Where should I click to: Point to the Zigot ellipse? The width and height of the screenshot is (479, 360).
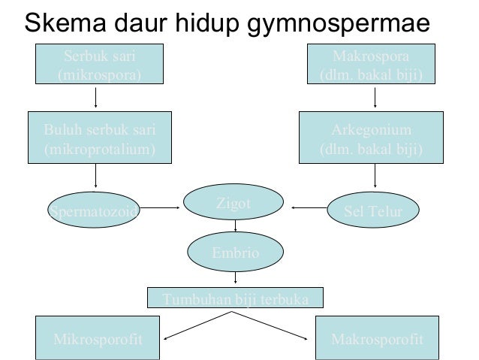click(x=236, y=203)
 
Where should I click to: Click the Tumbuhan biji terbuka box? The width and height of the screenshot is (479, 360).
click(x=236, y=298)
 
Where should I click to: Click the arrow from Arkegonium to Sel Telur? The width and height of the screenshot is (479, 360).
click(x=375, y=177)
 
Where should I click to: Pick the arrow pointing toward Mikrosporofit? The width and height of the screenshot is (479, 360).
click(x=195, y=325)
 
